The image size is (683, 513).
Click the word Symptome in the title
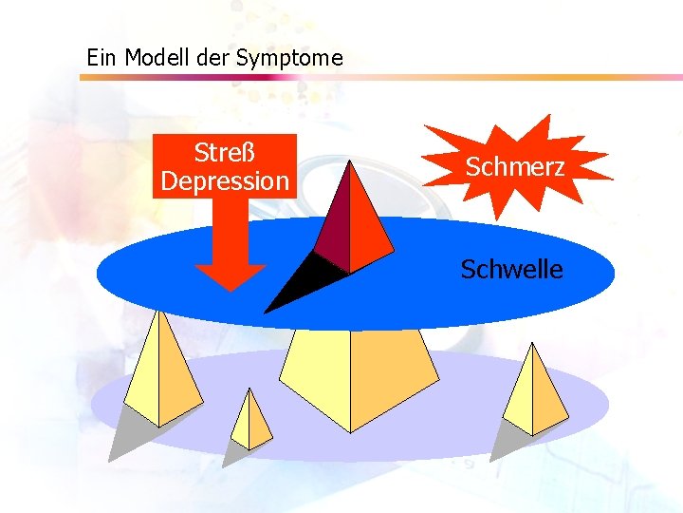289,59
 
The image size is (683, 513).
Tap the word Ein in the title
102,58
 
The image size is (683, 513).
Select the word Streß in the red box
224,152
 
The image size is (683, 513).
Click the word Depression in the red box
225,180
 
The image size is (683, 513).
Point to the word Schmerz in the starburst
515,167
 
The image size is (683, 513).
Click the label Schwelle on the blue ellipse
511,270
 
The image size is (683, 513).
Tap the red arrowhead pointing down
231,275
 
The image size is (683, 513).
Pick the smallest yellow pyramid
251,423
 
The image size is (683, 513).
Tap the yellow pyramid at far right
535,395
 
